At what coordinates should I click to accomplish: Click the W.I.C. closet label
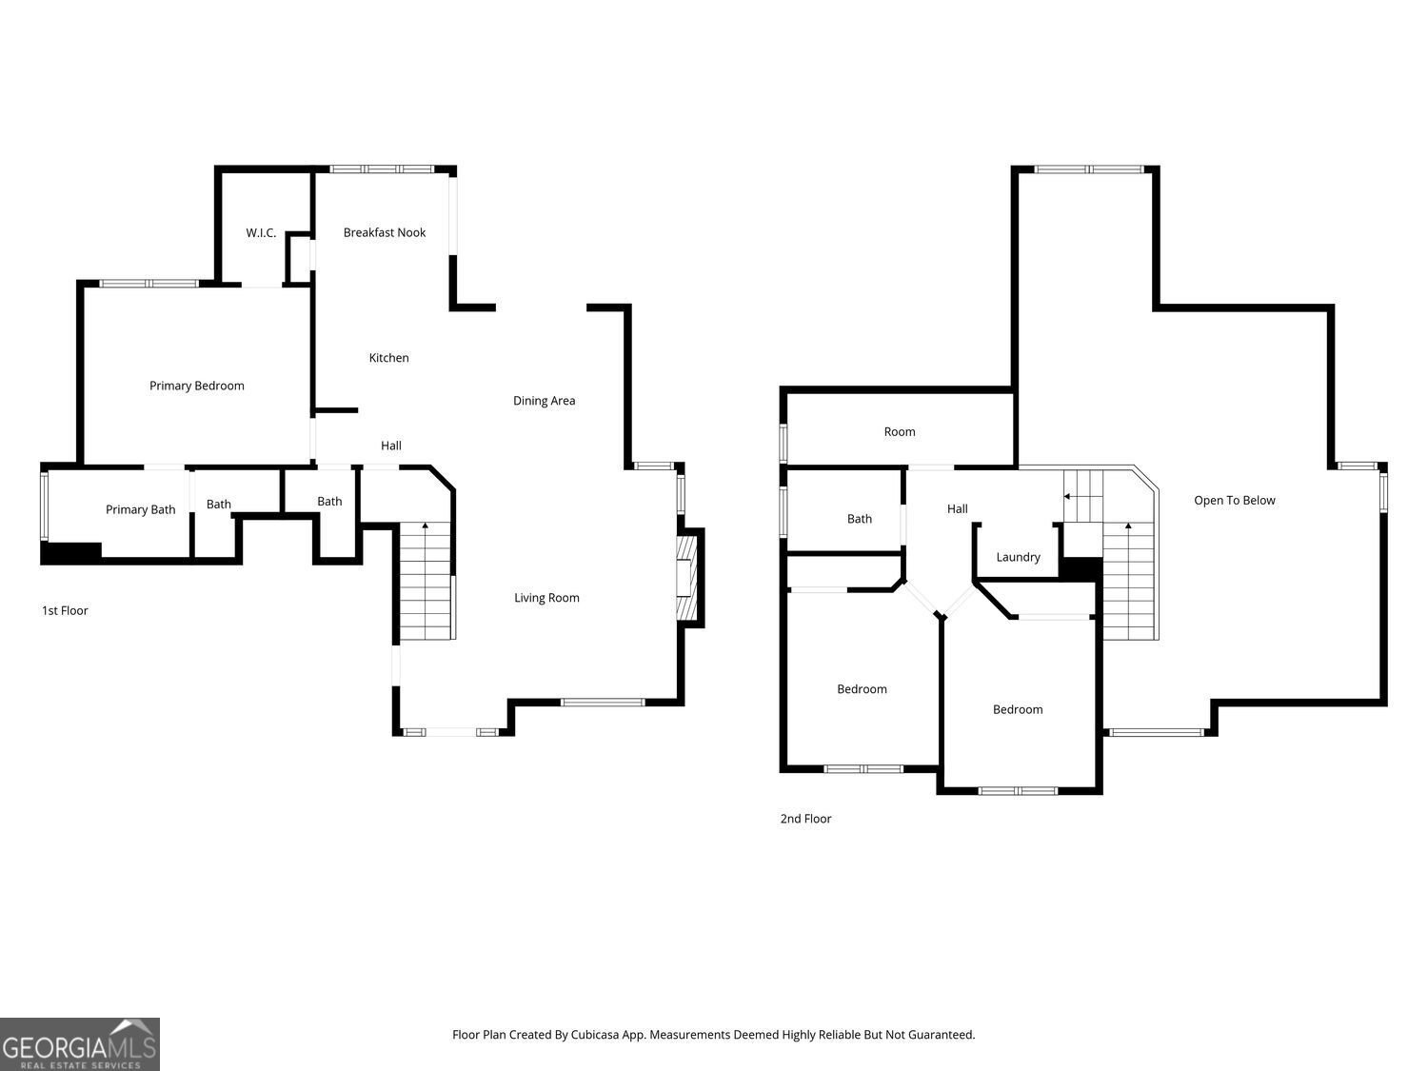261,233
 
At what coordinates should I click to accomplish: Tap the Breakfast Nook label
385,232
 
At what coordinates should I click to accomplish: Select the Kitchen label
388,358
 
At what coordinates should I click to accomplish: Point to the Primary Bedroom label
196,386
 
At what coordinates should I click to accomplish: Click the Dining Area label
544,401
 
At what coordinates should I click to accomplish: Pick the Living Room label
546,598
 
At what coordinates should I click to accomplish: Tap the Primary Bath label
141,510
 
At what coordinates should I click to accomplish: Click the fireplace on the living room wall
686,578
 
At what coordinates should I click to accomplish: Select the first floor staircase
425,581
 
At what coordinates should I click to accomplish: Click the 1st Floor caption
65,610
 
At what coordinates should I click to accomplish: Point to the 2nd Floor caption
805,819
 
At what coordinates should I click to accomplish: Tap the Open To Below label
1234,500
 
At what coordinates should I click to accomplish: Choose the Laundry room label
1018,557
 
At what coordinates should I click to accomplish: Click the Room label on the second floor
899,432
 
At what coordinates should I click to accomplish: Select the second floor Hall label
957,509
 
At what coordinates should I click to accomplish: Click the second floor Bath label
859,519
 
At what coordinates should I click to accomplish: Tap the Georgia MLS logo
79,1043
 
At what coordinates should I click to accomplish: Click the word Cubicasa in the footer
595,1035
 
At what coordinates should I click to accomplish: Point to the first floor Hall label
391,446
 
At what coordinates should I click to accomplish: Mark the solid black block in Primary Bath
71,552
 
